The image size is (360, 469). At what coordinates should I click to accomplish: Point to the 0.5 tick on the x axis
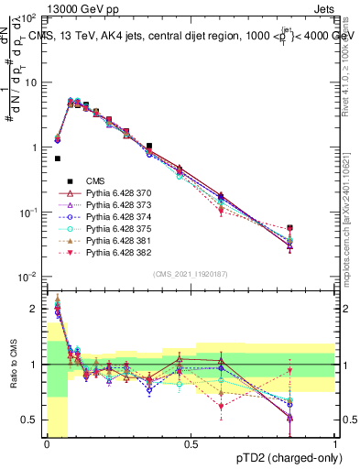click(x=191, y=446)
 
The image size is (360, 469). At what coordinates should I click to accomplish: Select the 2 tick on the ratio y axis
click(x=33, y=309)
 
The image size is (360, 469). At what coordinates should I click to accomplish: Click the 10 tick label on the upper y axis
click(x=30, y=82)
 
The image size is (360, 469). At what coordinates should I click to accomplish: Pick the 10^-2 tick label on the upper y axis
click(x=27, y=277)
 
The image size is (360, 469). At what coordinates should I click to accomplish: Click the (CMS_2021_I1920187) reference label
click(x=190, y=273)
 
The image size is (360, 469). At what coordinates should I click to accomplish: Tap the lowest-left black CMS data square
click(x=58, y=158)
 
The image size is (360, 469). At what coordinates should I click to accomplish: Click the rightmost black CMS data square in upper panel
click(x=316, y=227)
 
